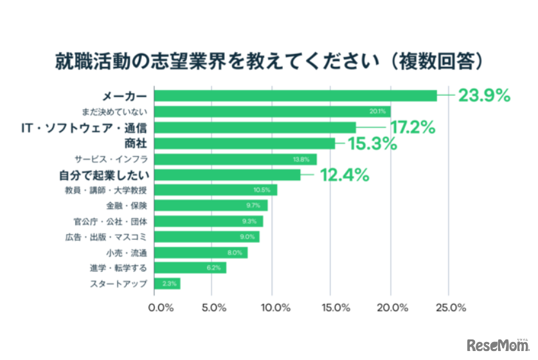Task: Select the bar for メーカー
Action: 296,96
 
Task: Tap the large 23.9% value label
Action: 483,96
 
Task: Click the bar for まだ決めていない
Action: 273,112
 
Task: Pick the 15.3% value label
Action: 372,143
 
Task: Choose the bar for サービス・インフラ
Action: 236,159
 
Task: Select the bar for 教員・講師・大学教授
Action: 216,190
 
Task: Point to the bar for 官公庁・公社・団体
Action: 209,221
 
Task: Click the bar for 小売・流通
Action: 201,253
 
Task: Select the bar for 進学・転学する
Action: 191,268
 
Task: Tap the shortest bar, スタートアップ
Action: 168,283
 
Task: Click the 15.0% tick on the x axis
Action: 332,308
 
